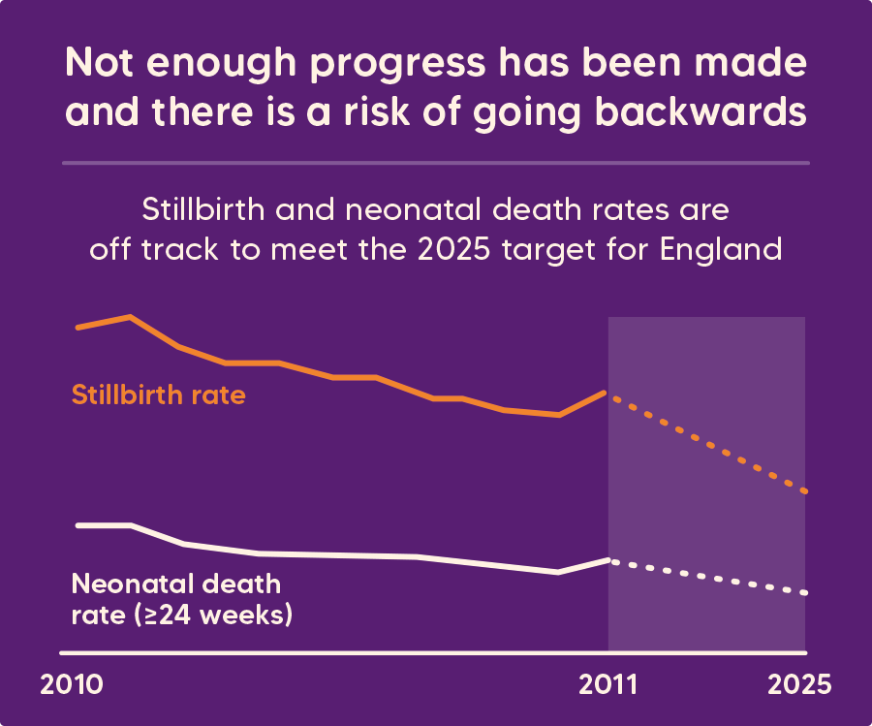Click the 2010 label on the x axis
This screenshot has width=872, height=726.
[72, 684]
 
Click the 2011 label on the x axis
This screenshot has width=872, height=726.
[607, 684]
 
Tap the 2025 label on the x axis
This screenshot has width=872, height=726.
[799, 684]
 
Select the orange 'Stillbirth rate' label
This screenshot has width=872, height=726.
[158, 395]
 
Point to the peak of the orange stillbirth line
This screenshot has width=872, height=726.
[130, 317]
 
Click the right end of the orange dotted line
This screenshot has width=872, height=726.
[805, 491]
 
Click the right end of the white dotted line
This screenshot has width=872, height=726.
[805, 592]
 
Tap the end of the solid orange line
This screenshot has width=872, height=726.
[607, 393]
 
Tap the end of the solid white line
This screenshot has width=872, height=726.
[607, 560]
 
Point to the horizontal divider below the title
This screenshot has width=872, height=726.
[436, 163]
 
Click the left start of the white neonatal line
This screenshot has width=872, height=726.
[78, 524]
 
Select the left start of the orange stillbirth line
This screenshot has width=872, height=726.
[78, 328]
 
